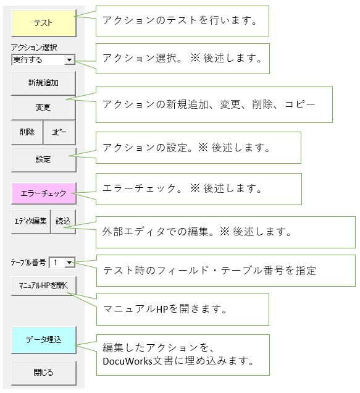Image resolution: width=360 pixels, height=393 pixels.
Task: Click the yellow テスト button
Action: point(44,23)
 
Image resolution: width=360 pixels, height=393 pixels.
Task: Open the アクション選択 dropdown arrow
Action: point(69,60)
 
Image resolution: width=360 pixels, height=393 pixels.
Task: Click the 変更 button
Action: point(43,108)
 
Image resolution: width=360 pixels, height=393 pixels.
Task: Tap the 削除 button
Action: point(27,132)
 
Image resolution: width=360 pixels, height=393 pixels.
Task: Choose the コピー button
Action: point(59,132)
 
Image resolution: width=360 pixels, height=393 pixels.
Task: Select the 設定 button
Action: point(44,159)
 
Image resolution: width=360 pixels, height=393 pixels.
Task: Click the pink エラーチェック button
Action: point(44,193)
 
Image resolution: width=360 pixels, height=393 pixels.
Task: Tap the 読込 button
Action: point(63,221)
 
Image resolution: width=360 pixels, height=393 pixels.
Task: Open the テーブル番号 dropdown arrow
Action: point(69,263)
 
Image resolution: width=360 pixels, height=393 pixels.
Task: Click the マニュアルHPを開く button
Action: point(44,285)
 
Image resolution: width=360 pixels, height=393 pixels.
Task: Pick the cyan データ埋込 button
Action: point(44,340)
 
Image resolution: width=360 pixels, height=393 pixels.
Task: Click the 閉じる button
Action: point(44,373)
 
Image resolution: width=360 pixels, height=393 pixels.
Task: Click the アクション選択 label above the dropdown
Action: point(34,48)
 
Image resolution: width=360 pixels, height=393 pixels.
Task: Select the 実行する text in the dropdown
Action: point(28,60)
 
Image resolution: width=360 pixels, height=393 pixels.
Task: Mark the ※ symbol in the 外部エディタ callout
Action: point(225,231)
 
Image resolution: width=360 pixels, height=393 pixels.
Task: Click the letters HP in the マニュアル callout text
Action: point(162,309)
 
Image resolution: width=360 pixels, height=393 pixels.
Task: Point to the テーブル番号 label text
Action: point(28,263)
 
